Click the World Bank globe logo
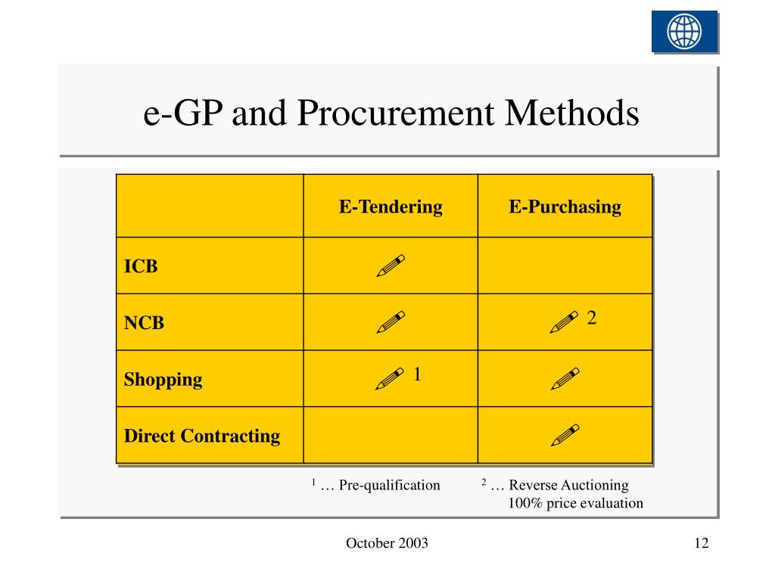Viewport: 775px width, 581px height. (x=684, y=32)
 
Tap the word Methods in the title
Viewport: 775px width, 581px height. (x=573, y=113)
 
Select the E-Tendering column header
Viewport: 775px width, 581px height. (x=391, y=207)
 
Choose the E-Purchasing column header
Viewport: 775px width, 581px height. (x=565, y=207)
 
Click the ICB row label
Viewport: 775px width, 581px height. (x=141, y=266)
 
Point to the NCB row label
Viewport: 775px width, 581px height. (x=144, y=323)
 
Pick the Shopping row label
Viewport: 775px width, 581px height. (x=163, y=379)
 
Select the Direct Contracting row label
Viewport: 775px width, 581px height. (x=201, y=436)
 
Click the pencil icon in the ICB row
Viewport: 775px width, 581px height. (x=391, y=266)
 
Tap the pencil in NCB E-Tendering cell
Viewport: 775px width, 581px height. (x=391, y=322)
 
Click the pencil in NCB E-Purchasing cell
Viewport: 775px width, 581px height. (x=564, y=322)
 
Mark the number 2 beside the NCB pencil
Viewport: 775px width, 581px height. (x=592, y=318)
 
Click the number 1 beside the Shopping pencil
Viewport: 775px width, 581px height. (x=417, y=374)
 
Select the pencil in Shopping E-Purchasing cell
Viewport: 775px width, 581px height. (x=565, y=378)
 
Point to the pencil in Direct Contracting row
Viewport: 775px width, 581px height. (x=565, y=435)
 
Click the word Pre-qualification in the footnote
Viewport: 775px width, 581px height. (x=389, y=485)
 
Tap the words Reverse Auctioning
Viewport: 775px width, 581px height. (x=568, y=485)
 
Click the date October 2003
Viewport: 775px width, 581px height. (x=387, y=543)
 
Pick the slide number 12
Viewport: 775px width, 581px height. (x=700, y=543)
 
